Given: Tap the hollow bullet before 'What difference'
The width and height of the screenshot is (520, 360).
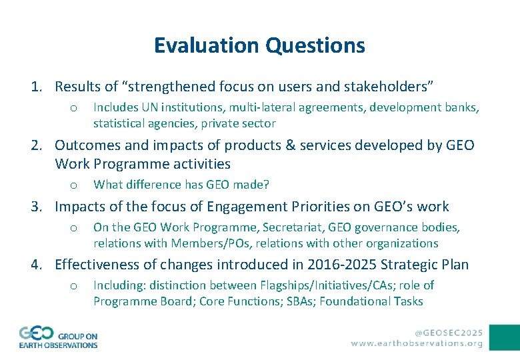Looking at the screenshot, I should [x=75, y=185].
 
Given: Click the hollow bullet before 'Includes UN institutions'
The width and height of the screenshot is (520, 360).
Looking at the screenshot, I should [x=75, y=108].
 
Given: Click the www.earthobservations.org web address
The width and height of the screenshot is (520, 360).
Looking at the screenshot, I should [x=417, y=343].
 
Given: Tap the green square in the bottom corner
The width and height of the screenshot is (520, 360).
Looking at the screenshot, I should [x=504, y=337].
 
